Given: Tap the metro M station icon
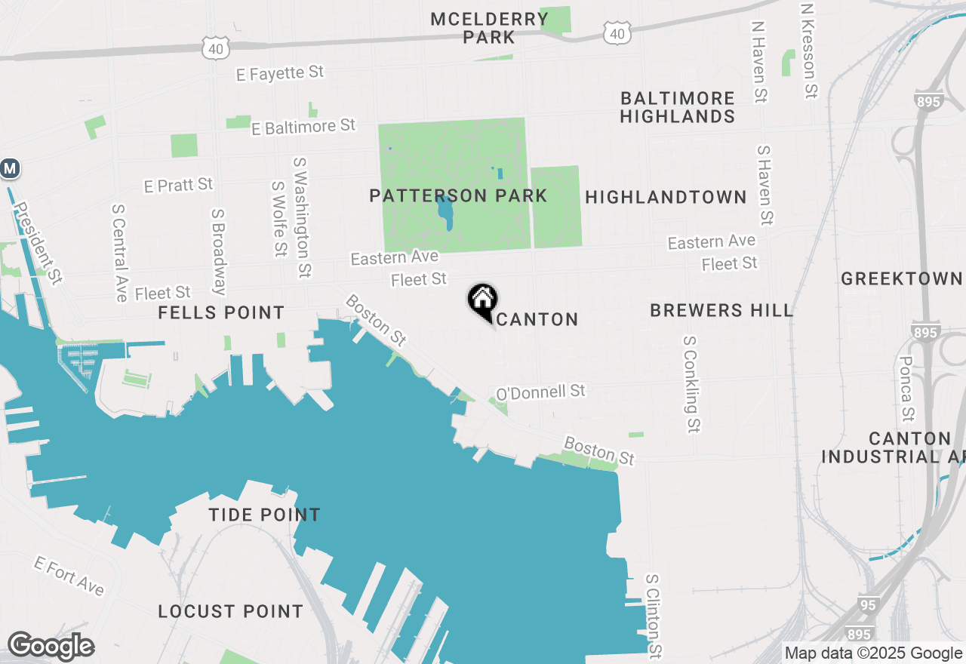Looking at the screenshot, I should click(x=9, y=169).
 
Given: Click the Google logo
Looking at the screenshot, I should click(x=51, y=646).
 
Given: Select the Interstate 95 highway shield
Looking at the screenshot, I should click(x=868, y=604).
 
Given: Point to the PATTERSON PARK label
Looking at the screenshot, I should click(x=458, y=196).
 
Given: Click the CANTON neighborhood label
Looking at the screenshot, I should click(x=538, y=320).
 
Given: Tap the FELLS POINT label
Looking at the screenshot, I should click(x=221, y=312).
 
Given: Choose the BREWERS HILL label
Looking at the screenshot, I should click(x=721, y=310).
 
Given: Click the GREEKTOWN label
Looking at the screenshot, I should click(x=902, y=279).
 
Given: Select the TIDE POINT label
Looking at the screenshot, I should click(x=264, y=515).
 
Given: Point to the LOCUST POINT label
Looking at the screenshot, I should click(x=230, y=612).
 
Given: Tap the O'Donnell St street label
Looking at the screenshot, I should click(x=540, y=392).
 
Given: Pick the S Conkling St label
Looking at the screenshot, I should click(x=691, y=385).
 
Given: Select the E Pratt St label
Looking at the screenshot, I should click(x=179, y=185).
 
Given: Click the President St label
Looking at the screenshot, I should click(x=38, y=242).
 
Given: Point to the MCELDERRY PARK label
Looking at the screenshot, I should click(x=490, y=28).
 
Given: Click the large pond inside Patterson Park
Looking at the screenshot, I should click(x=446, y=211).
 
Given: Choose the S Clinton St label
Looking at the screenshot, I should click(x=654, y=615).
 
